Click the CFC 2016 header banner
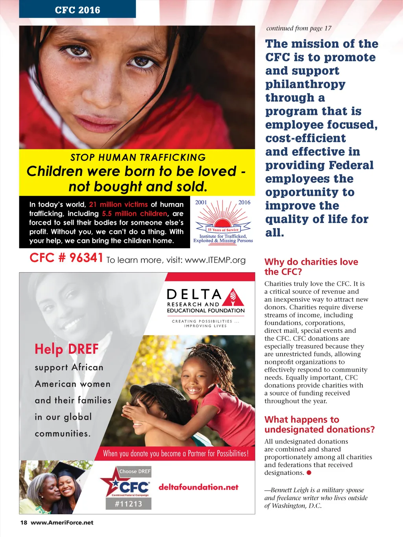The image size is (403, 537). click(x=78, y=9)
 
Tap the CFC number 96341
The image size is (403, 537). click(x=66, y=258)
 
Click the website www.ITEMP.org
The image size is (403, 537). click(x=215, y=260)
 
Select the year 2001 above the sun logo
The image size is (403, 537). click(x=201, y=202)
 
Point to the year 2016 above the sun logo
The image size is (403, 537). click(x=244, y=202)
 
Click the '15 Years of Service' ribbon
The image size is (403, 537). click(x=223, y=229)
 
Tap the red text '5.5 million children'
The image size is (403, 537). click(x=135, y=214)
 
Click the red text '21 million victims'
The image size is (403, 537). click(x=118, y=205)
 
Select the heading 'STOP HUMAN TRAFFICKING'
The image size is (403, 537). click(x=138, y=157)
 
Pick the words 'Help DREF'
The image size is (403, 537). click(x=67, y=349)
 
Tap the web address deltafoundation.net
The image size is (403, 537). click(x=198, y=487)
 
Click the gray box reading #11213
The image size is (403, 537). click(x=128, y=504)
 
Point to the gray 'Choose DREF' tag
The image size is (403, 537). click(x=135, y=471)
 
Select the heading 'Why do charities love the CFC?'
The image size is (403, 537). click(x=311, y=267)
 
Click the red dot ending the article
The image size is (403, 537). click(x=309, y=472)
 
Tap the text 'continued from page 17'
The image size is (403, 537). click(x=299, y=28)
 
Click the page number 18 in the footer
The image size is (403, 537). click(x=24, y=522)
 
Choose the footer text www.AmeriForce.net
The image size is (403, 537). click(x=62, y=522)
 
